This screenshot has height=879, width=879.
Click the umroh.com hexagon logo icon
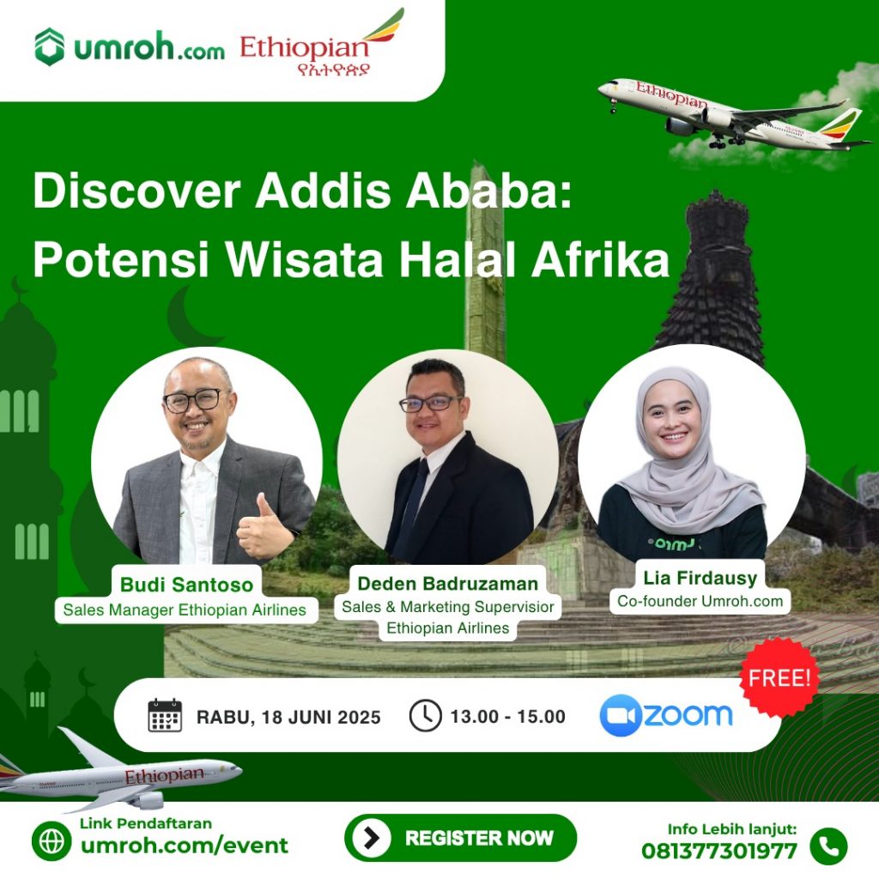point(49,46)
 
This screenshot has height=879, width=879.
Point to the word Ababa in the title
point(488,191)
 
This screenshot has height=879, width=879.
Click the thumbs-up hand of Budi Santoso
point(264,527)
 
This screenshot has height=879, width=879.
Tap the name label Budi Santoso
point(186,585)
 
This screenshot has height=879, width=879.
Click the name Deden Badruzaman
point(448,584)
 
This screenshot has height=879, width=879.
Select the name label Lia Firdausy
point(700,578)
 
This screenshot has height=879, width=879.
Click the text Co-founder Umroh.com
point(700,601)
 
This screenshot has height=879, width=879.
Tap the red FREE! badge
point(779,678)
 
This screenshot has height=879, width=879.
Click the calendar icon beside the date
point(165,715)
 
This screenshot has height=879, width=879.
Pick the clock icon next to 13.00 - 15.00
point(425,715)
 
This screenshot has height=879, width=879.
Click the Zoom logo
point(666,715)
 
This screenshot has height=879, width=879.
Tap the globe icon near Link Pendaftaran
point(52,841)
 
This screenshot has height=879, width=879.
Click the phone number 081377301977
point(719,851)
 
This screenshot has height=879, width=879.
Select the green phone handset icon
point(828,846)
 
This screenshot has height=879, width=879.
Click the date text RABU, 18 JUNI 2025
point(288,717)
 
